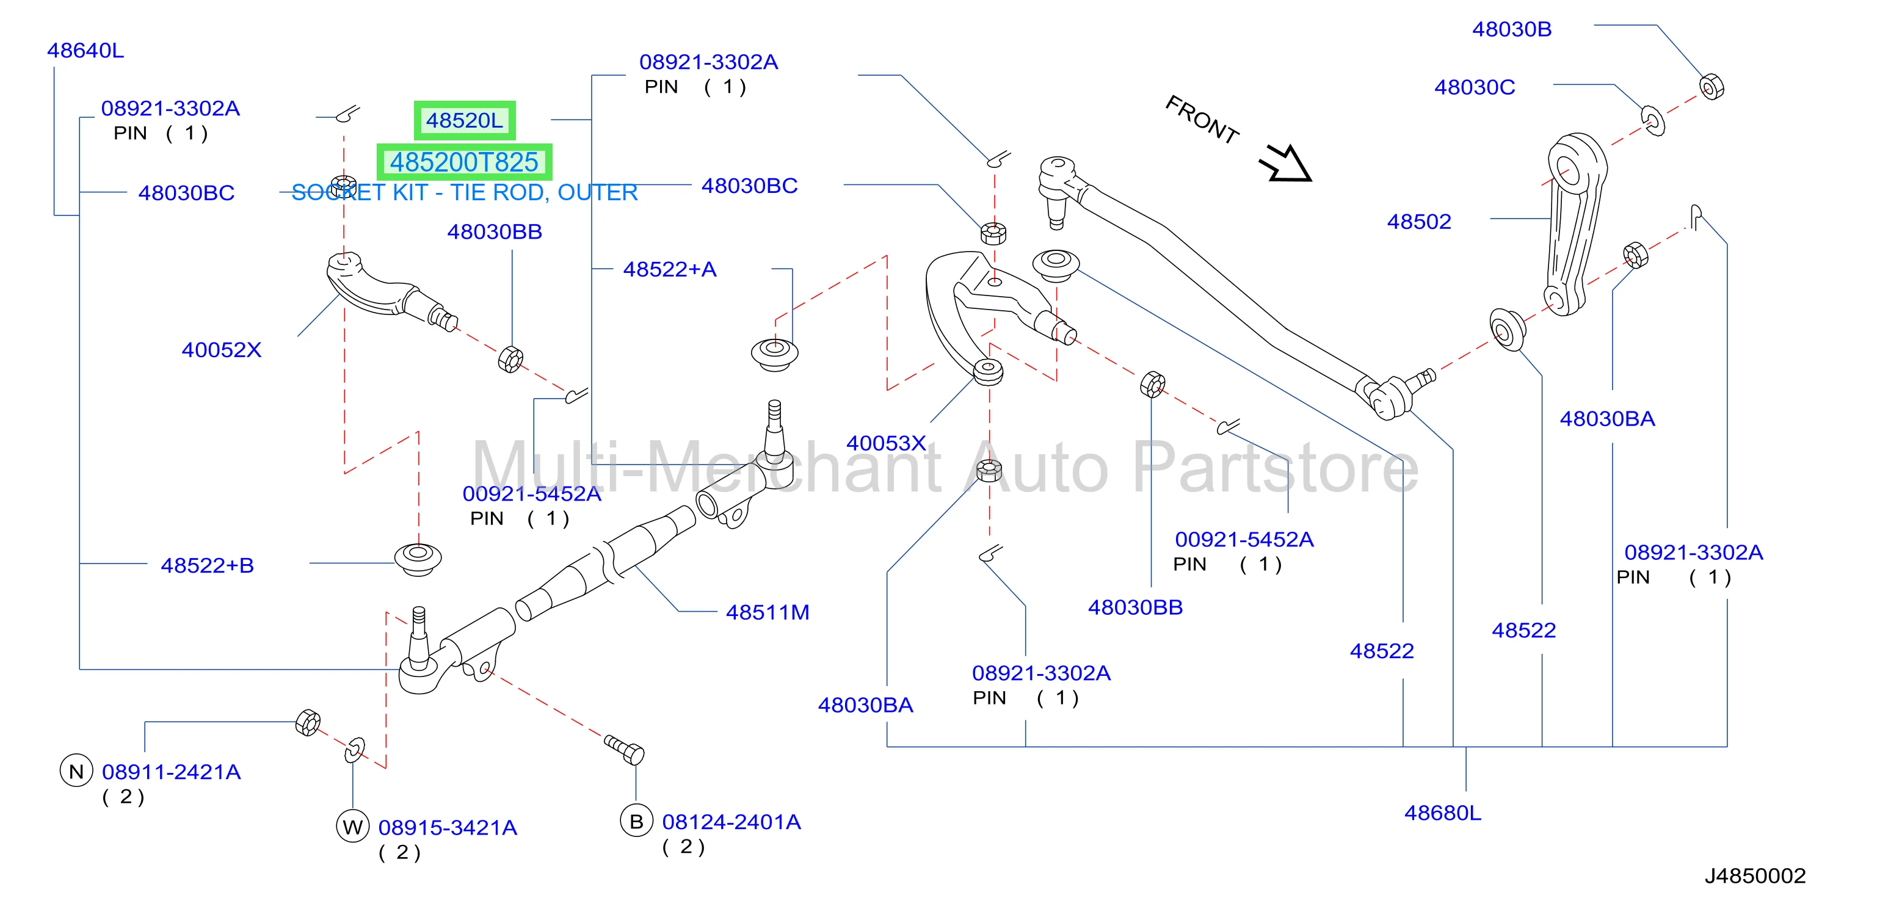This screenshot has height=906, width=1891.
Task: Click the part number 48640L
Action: coord(85,50)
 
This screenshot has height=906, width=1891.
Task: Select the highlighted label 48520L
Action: coord(465,120)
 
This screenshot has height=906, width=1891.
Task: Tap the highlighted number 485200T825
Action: coord(464,162)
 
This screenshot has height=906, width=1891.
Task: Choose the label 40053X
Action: coord(886,443)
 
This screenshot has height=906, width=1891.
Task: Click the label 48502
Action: coord(1419,221)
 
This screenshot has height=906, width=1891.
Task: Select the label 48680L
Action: coord(1442,813)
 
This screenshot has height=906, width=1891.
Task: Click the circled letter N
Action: coord(76,771)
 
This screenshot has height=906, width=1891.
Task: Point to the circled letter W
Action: coord(352,827)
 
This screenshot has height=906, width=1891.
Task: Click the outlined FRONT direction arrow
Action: coord(1286,164)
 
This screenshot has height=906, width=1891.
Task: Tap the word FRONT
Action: coord(1202,119)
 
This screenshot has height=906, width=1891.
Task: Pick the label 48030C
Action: coord(1475,87)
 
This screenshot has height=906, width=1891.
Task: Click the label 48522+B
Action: coord(207,565)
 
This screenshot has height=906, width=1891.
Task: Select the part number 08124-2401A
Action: coord(731,822)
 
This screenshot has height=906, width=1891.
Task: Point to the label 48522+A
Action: coord(669,269)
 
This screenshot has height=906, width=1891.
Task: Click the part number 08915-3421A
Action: coord(448,827)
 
